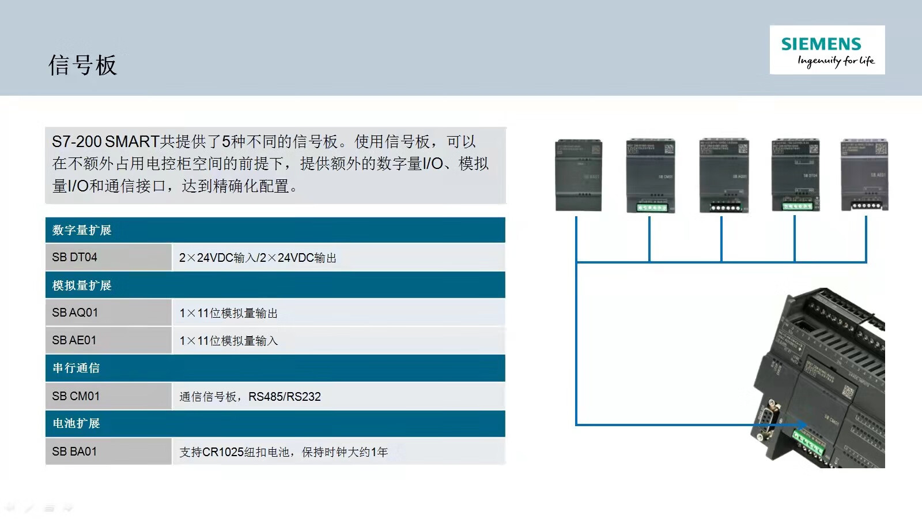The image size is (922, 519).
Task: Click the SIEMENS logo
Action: pyautogui.click(x=827, y=50)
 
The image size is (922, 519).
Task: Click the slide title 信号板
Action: pyautogui.click(x=82, y=65)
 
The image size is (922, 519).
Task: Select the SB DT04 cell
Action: pyautogui.click(x=108, y=257)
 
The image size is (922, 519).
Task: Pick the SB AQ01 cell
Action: pyautogui.click(x=108, y=313)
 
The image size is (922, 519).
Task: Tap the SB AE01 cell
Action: pyautogui.click(x=108, y=340)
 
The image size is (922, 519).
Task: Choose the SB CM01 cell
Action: pyautogui.click(x=108, y=396)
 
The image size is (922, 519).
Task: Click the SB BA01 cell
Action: pyautogui.click(x=108, y=452)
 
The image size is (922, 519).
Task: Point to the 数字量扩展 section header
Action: pyautogui.click(x=82, y=230)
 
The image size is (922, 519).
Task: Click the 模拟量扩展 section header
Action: pyautogui.click(x=82, y=285)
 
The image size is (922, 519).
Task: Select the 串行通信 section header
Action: pyautogui.click(x=76, y=368)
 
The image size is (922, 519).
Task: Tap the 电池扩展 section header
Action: pyautogui.click(x=76, y=423)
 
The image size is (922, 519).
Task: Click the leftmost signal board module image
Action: pyautogui.click(x=579, y=175)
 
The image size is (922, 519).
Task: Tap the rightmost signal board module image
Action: pyautogui.click(x=864, y=175)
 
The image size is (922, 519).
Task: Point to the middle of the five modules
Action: pyautogui.click(x=723, y=175)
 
